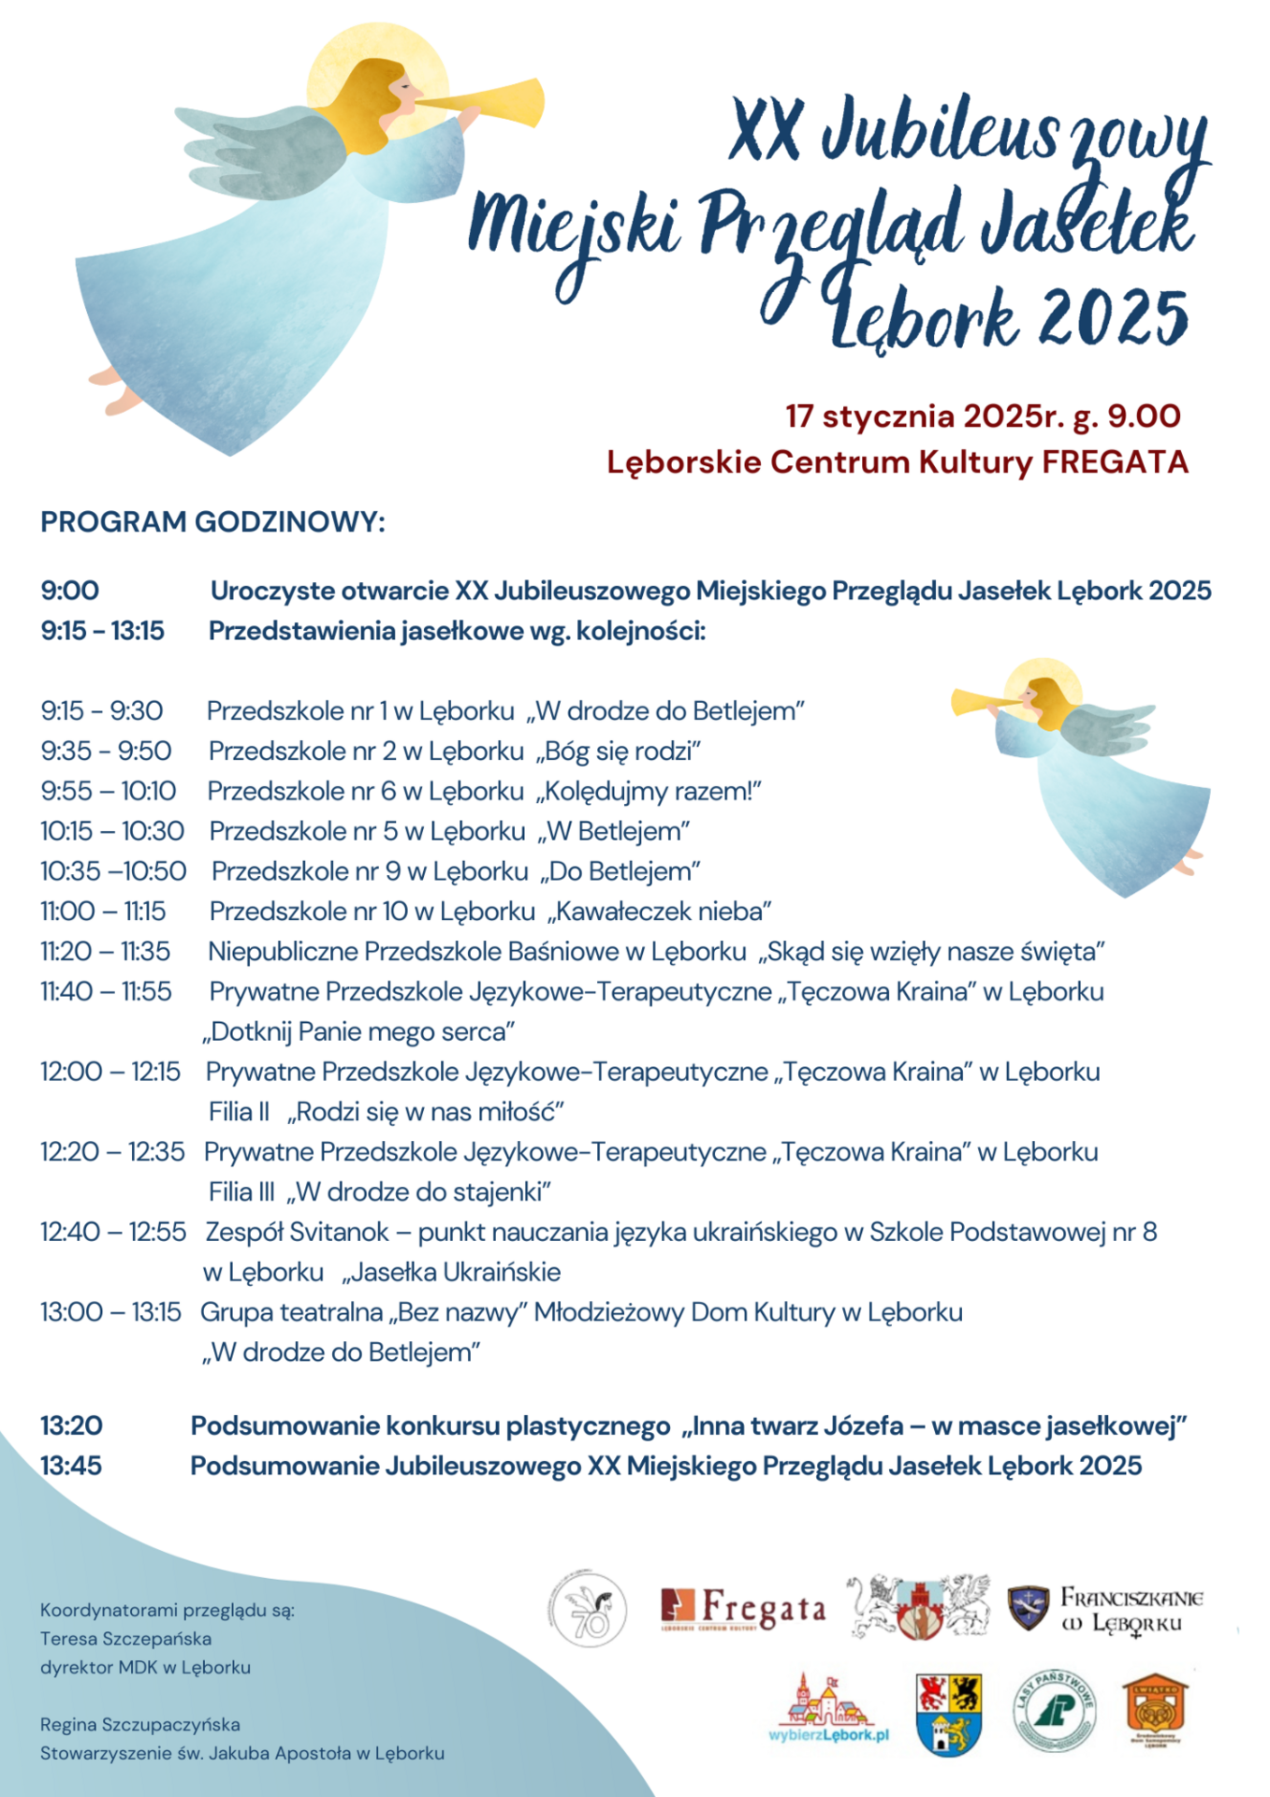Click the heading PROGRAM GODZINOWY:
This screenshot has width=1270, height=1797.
pyautogui.click(x=212, y=521)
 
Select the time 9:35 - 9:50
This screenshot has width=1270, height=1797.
pyautogui.click(x=106, y=751)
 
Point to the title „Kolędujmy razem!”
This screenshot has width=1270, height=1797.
pyautogui.click(x=649, y=791)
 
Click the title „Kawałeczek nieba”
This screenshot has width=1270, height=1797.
pyautogui.click(x=660, y=911)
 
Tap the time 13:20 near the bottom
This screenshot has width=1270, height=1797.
pyautogui.click(x=71, y=1425)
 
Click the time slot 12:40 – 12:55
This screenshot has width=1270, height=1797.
pyautogui.click(x=112, y=1232)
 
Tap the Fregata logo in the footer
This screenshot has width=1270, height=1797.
pyautogui.click(x=743, y=1609)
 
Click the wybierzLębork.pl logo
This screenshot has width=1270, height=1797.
pyautogui.click(x=828, y=1711)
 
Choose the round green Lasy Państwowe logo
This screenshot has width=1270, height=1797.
pyautogui.click(x=1054, y=1710)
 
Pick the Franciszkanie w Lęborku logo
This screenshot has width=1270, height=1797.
pyautogui.click(x=1105, y=1609)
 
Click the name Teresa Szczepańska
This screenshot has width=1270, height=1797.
pyautogui.click(x=125, y=1639)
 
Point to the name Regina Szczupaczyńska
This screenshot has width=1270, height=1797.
pyautogui.click(x=139, y=1724)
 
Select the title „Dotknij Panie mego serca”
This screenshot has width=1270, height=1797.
pyautogui.click(x=358, y=1031)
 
